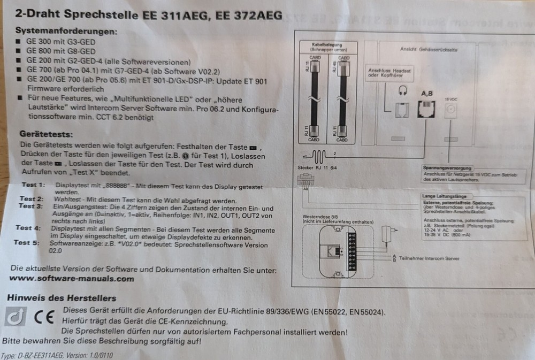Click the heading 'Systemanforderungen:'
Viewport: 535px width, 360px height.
coord(66,32)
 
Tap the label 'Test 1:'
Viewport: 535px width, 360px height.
coord(33,185)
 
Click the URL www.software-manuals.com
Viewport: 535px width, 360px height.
coord(72,279)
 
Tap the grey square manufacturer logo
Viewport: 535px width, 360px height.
coord(14,317)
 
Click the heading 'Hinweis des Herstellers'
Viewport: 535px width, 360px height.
coord(60,298)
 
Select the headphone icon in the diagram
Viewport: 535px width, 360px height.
coord(401,91)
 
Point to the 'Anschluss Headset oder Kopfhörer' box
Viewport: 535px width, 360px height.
coord(389,73)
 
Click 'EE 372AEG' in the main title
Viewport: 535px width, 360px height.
coord(249,15)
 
